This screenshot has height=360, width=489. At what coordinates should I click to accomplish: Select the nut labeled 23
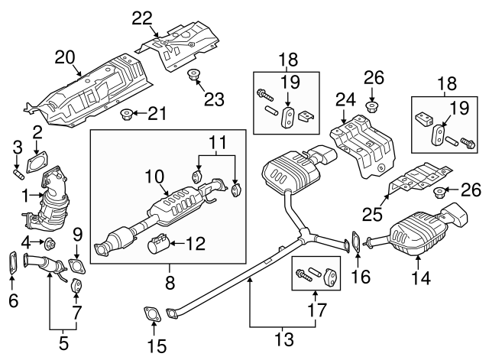click(x=193, y=75)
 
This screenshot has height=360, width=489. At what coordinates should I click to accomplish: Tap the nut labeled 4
click(x=48, y=245)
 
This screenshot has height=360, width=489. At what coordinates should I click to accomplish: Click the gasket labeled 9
click(x=76, y=267)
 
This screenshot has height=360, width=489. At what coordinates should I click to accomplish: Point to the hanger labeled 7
click(x=77, y=287)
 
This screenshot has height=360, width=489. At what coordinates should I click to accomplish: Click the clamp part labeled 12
click(x=159, y=246)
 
